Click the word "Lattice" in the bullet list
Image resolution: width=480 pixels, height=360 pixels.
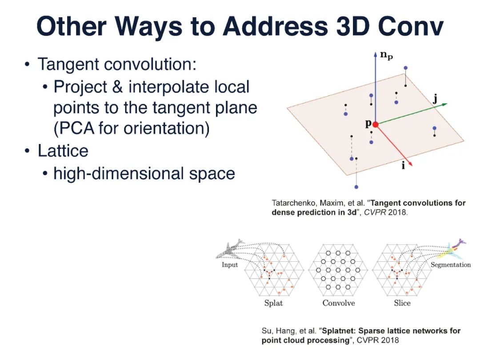click(63, 151)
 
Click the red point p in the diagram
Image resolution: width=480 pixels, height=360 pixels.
click(375, 125)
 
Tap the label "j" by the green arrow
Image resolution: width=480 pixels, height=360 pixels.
click(435, 99)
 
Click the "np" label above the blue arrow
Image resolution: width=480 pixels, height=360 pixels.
click(387, 56)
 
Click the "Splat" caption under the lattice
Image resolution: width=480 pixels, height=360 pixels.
click(273, 303)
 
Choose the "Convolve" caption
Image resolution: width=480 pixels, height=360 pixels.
click(339, 303)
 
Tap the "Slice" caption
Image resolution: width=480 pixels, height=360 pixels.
click(402, 303)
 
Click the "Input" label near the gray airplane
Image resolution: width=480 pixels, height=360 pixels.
click(230, 265)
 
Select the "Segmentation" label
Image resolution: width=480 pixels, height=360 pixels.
click(450, 265)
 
